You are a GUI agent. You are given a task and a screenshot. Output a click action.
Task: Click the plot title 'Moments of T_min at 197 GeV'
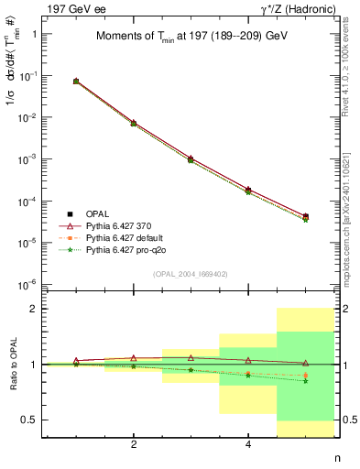[x=191, y=37]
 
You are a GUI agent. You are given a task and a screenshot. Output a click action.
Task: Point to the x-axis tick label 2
[x=134, y=446]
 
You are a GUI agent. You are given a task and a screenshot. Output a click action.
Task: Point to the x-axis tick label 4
[x=248, y=446]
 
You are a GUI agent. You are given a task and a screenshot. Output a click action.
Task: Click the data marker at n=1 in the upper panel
[x=76, y=82]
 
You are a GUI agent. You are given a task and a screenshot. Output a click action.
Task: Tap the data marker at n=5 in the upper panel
[x=305, y=217]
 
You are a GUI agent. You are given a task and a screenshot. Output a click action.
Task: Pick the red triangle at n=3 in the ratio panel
[x=191, y=357]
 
